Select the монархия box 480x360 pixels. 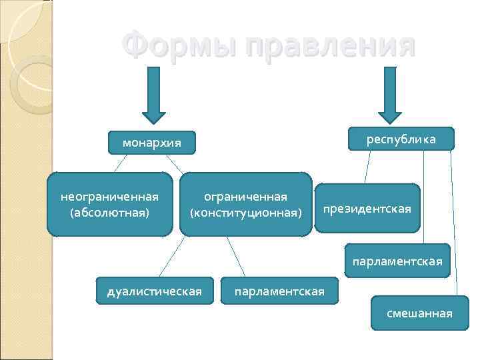click(x=152, y=142)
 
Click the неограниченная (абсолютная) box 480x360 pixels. click(x=109, y=205)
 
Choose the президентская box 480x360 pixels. click(x=367, y=209)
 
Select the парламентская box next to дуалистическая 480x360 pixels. click(x=279, y=291)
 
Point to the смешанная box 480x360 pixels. click(x=419, y=313)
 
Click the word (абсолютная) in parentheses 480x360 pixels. click(x=109, y=213)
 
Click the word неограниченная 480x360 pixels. click(x=109, y=197)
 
